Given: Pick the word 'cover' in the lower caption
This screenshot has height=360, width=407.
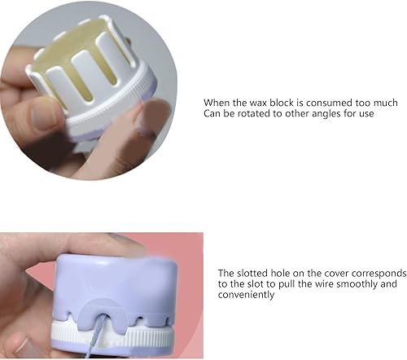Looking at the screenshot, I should coord(328,273).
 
